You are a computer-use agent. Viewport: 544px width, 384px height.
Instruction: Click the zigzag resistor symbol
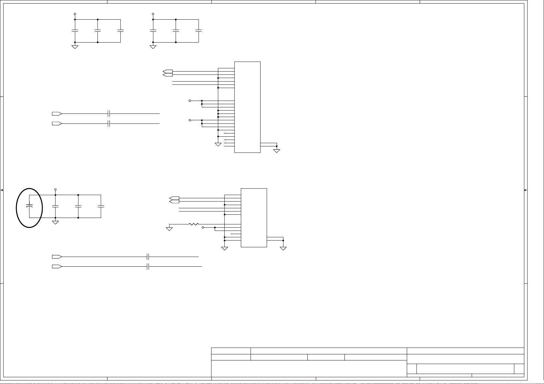click(193, 224)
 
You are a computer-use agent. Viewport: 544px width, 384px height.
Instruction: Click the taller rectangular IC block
click(247, 107)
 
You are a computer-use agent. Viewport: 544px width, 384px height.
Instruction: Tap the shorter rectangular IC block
click(254, 218)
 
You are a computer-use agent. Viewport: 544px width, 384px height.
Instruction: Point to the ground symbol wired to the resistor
click(169, 229)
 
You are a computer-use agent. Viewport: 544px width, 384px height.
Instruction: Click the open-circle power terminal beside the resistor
click(203, 228)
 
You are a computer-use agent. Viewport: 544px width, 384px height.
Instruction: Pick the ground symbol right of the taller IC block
click(276, 151)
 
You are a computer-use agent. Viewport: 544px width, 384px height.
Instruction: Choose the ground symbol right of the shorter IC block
click(283, 248)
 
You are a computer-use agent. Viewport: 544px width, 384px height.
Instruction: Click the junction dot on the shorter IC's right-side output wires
click(283, 240)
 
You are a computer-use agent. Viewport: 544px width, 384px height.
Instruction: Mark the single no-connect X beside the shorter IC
click(231, 234)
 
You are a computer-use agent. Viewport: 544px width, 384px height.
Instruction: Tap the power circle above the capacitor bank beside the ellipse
click(56, 190)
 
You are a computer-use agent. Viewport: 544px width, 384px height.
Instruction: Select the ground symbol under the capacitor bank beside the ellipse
click(56, 222)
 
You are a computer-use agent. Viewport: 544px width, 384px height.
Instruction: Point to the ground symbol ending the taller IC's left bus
click(218, 144)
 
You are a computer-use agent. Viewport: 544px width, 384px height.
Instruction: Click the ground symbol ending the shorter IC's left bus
click(225, 248)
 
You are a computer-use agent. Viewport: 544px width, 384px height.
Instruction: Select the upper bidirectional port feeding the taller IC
click(168, 71)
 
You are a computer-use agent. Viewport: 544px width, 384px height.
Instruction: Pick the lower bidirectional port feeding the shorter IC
click(174, 202)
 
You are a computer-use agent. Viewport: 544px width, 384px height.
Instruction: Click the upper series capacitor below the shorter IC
click(148, 257)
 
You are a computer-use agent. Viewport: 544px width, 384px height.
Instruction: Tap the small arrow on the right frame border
click(526, 190)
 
